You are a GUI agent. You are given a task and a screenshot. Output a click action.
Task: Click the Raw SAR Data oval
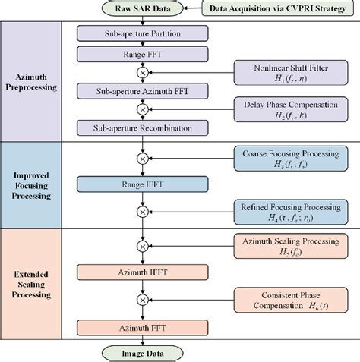pyautogui.click(x=142, y=9)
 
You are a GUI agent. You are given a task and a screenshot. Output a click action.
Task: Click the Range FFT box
pyautogui.click(x=141, y=55)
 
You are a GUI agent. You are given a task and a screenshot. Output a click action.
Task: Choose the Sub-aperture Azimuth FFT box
pyautogui.click(x=141, y=91)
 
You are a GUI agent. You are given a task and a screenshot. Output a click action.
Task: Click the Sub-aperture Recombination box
pyautogui.click(x=141, y=127)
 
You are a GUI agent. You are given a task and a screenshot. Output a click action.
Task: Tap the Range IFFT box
pyautogui.click(x=141, y=184)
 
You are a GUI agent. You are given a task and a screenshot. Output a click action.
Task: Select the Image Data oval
pyautogui.click(x=141, y=351)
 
